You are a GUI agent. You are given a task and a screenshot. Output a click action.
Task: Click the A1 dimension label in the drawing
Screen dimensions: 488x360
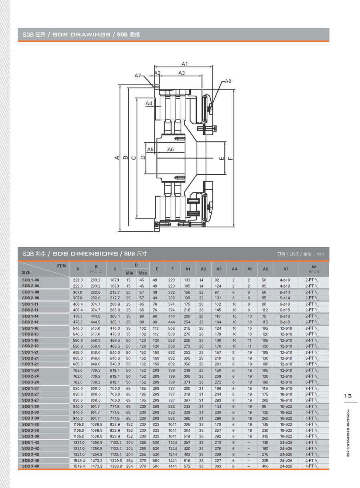coord(184,64)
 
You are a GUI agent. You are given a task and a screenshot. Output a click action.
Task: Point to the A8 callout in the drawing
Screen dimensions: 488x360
coord(228,81)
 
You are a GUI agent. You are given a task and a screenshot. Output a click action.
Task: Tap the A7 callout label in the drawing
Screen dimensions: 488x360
coord(138,76)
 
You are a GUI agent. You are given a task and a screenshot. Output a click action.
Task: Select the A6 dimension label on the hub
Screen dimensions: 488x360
coord(170,149)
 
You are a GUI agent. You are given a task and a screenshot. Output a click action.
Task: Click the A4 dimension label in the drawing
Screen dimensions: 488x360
coord(149,103)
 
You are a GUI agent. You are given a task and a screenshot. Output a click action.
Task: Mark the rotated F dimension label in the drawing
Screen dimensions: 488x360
coord(230,158)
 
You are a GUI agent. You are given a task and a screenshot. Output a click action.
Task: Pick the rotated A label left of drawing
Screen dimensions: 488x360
coord(117,158)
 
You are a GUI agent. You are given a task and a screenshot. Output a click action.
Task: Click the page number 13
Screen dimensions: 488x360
coord(348,396)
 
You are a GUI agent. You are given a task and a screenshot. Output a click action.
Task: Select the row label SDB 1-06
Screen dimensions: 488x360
coord(30,280)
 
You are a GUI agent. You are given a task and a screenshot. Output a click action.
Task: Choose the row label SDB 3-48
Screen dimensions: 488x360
coord(30,466)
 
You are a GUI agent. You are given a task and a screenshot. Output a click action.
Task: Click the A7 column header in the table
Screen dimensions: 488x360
coord(286,269)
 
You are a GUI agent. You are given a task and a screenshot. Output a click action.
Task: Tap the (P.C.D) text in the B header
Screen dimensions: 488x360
coord(96,272)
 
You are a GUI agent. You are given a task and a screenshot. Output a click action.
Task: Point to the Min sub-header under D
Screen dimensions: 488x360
coord(130,273)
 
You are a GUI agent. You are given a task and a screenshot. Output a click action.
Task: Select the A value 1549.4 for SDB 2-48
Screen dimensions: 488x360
coord(78,460)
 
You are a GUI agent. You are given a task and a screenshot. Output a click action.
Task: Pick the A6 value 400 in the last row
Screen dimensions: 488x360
coord(264,466)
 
